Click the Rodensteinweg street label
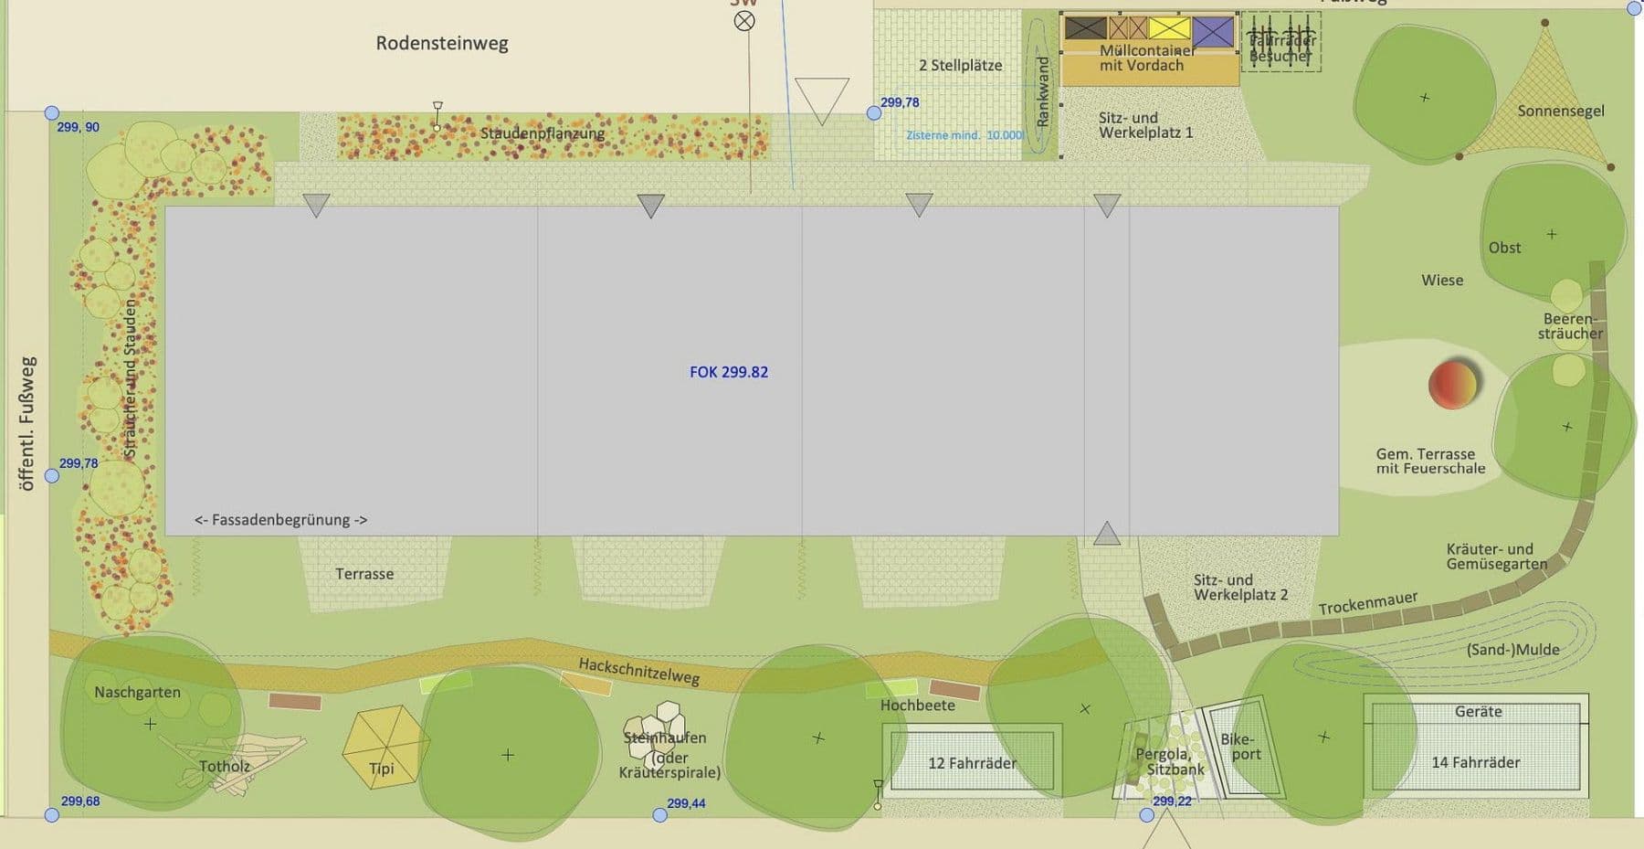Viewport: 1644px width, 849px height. [x=442, y=43]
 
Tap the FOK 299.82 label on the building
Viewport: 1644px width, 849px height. [x=729, y=372]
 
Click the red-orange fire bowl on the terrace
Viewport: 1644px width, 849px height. [x=1453, y=383]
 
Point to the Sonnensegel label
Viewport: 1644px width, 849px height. [x=1561, y=111]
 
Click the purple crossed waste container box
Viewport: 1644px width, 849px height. [x=1213, y=32]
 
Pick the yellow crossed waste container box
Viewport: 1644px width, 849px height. [x=1169, y=29]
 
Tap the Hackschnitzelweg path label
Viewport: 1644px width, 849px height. [x=639, y=672]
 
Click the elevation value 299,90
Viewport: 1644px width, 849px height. [x=79, y=127]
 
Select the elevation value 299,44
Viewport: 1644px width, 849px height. [x=686, y=803]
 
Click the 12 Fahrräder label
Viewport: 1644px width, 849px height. [x=972, y=763]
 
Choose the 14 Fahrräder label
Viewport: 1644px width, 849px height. [x=1475, y=762]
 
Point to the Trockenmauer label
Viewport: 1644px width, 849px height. [x=1367, y=603]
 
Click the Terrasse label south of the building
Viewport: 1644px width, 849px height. [x=364, y=574]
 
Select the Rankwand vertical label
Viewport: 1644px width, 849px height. [x=1043, y=91]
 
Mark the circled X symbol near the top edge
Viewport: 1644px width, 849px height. [x=744, y=20]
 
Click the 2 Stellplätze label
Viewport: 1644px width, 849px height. [x=960, y=66]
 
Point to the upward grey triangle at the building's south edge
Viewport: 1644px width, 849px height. [x=1107, y=534]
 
